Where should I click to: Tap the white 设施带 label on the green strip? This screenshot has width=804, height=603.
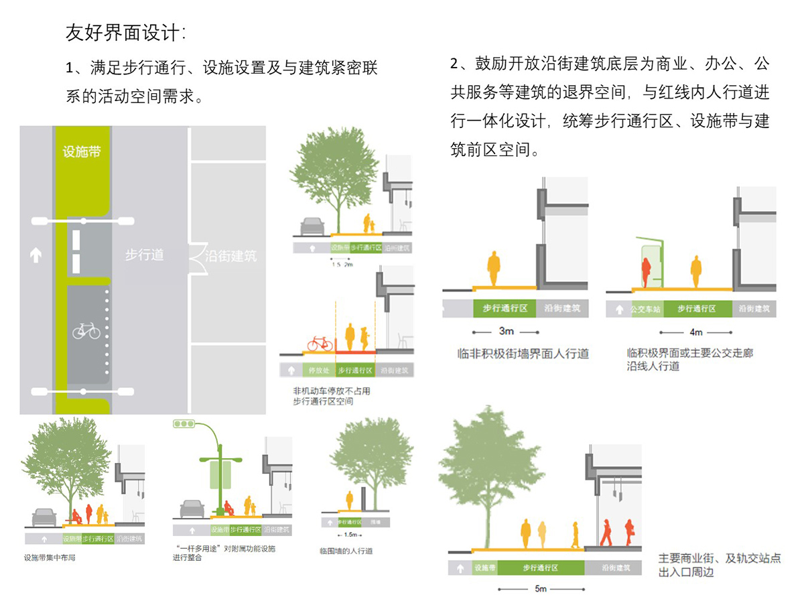coord(81,152)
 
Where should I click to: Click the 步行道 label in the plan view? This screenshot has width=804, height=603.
coord(144,255)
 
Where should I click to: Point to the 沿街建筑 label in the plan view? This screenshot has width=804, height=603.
coord(230,255)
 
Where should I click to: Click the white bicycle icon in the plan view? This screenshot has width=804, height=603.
coord(86,330)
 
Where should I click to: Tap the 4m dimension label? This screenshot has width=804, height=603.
coord(695,332)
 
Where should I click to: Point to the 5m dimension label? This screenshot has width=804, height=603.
coord(541,589)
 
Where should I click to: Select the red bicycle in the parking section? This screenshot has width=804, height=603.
coord(320,344)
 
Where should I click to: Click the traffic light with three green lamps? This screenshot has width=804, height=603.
coord(184,423)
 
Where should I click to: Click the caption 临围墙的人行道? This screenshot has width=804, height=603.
coord(346,551)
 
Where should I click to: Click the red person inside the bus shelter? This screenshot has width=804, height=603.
coord(647,272)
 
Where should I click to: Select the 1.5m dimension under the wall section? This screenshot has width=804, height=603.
coord(349,535)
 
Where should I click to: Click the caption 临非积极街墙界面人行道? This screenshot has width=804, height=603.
coord(522,353)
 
